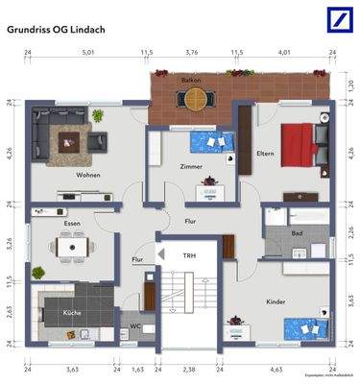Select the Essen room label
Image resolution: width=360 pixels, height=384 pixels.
click(x=72, y=222)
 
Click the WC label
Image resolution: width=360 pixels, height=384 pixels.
click(x=135, y=327)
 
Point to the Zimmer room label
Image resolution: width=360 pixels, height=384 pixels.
click(x=192, y=166)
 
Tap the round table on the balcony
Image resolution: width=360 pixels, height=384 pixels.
click(x=197, y=96)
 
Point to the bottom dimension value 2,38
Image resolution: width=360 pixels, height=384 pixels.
click(x=189, y=369)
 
